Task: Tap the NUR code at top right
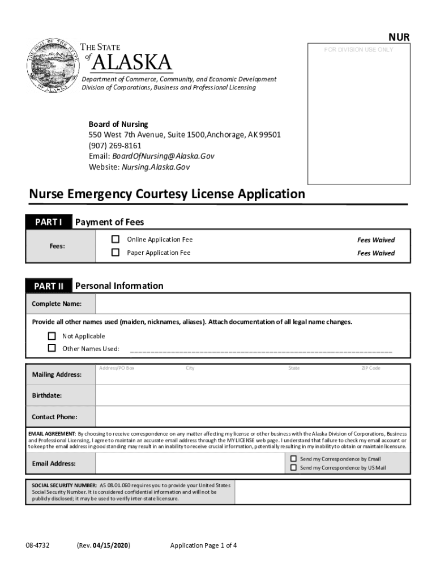[399, 37]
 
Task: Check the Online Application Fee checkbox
[116, 240]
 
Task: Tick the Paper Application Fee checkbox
[116, 253]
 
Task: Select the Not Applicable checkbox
[52, 336]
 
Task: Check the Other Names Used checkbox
[52, 348]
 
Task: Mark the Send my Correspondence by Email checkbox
[293, 459]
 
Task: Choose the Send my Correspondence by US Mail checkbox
[293, 468]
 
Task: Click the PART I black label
[48, 222]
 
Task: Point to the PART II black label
[48, 286]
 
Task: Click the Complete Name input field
[252, 304]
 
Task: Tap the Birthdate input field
[252, 395]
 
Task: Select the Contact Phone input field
[252, 417]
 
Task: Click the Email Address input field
[190, 464]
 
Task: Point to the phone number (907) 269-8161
[115, 146]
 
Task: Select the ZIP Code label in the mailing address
[371, 368]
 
